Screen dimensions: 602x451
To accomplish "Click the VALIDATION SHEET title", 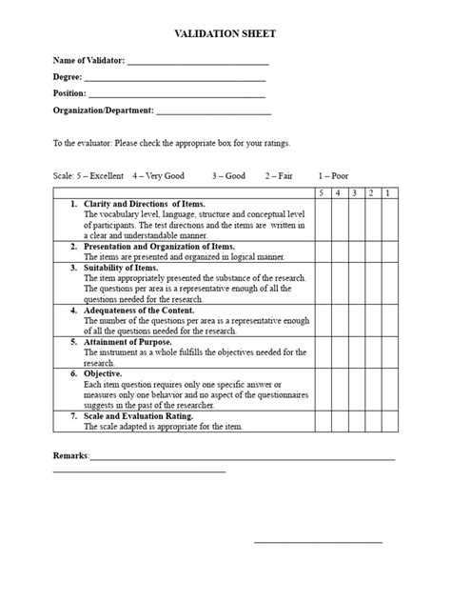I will pos(225,33).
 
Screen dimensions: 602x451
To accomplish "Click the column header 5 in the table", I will pos(322,193).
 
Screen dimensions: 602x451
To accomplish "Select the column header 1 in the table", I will pos(387,193).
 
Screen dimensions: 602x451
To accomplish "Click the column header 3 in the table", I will pos(355,193).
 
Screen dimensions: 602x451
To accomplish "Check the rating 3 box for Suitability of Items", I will pos(355,283).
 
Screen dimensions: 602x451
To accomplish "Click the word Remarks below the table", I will pos(69,455).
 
